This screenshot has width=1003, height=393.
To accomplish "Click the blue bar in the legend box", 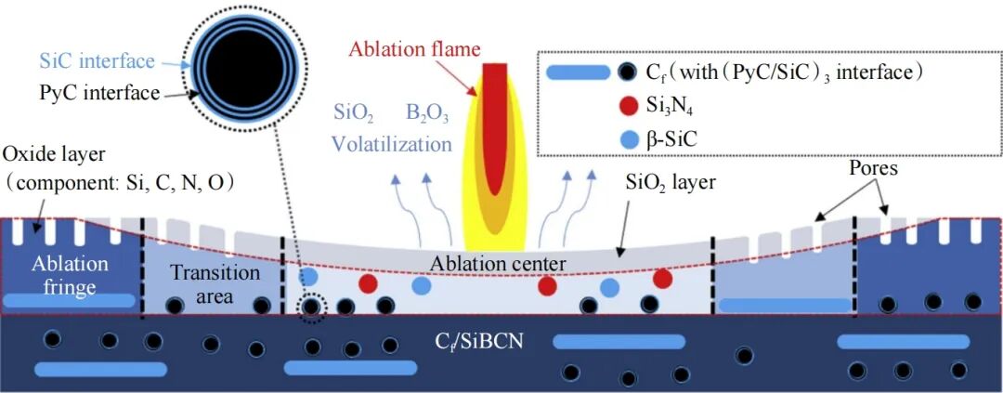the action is pos(578,73).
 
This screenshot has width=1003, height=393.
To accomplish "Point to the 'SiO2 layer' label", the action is pos(668,184).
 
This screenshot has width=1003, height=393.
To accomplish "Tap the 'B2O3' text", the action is pos(427,116).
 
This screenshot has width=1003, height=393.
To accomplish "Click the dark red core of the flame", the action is pos(495,128).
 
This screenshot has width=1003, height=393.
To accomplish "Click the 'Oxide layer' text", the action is pos(46,155).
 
